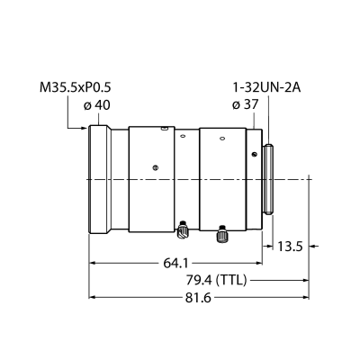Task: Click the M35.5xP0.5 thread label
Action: pyautogui.click(x=76, y=88)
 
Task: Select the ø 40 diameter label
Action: pyautogui.click(x=97, y=105)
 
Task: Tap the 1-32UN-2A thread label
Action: pyautogui.click(x=266, y=88)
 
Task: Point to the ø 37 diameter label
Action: pyautogui.click(x=245, y=104)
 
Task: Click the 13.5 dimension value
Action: pyautogui.click(x=290, y=247)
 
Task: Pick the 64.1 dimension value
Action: pyautogui.click(x=176, y=264)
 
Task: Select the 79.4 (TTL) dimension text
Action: pyautogui.click(x=216, y=281)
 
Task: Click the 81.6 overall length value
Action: pyautogui.click(x=199, y=298)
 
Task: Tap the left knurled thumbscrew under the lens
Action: pyautogui.click(x=182, y=229)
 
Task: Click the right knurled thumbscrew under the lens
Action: pyautogui.click(x=222, y=234)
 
